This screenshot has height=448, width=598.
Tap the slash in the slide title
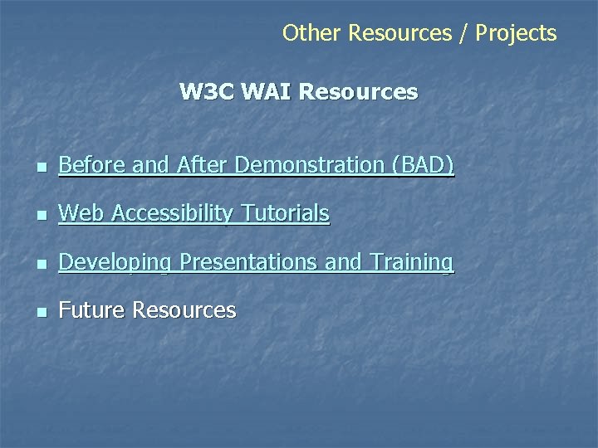click(x=463, y=33)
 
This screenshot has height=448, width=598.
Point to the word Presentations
click(x=248, y=262)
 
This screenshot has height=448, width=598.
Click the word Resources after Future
click(x=184, y=310)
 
